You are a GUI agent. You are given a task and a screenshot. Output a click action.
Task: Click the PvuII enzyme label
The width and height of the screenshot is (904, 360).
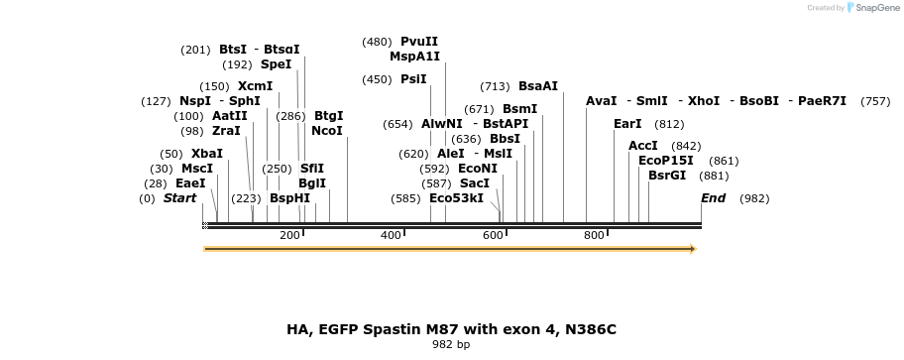419,42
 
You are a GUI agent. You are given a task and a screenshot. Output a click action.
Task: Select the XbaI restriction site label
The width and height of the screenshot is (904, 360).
206,154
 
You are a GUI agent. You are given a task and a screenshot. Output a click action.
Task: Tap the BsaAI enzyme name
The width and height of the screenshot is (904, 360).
538,86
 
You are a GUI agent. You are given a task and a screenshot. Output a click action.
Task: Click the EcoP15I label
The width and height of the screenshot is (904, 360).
666,161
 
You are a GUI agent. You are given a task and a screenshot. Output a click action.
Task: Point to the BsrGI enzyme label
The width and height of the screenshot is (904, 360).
666,176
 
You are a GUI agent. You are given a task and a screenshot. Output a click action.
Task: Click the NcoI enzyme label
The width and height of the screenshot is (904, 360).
326,131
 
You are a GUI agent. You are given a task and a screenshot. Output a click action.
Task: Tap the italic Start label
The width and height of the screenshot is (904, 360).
179,198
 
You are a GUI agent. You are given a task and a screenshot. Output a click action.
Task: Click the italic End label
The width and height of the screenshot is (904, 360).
713,198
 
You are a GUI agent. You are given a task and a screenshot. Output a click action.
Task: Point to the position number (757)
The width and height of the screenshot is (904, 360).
874,101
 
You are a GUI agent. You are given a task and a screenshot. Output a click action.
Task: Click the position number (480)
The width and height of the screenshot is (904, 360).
377,42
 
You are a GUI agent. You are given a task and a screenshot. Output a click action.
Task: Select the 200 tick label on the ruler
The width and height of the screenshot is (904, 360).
289,235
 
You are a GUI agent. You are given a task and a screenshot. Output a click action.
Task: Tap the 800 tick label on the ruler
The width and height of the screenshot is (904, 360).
594,235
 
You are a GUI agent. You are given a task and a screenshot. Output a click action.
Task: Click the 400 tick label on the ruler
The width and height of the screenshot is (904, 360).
391,235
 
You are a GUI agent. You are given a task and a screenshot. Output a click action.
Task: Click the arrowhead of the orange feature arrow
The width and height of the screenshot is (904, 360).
692,249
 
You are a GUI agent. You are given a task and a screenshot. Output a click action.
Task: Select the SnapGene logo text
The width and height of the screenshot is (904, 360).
873,8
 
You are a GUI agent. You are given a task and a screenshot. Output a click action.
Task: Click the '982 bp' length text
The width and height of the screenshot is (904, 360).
451,345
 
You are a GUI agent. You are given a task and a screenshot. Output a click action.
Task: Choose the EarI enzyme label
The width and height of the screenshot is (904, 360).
627,124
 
